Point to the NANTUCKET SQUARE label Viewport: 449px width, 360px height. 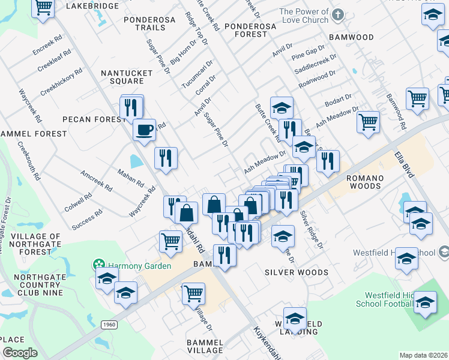[x=122, y=77]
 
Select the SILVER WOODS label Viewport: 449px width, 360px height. [x=297, y=272]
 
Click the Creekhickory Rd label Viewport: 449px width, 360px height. [x=61, y=83]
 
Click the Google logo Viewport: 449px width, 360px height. [x=20, y=353]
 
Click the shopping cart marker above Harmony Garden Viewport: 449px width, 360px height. [x=171, y=241]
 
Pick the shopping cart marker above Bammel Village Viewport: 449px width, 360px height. [x=193, y=294]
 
